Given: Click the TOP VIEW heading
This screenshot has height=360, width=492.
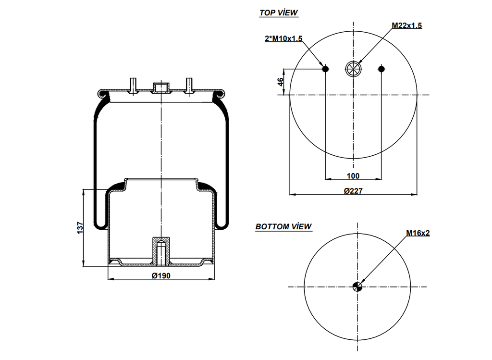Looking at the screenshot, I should [x=279, y=13].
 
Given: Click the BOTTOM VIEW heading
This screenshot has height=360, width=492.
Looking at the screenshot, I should [x=283, y=226].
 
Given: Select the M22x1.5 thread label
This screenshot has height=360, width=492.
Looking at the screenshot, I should [x=406, y=26].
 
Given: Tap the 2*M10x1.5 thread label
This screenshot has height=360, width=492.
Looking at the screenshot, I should [x=283, y=39].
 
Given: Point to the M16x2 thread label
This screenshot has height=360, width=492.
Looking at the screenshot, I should [x=418, y=233].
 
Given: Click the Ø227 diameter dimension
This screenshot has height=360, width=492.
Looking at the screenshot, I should [x=353, y=190].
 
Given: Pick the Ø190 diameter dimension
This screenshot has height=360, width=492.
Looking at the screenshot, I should [x=161, y=275].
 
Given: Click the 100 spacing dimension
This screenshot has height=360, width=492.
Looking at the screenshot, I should [x=353, y=176].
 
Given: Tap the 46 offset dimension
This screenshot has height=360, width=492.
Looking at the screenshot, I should [x=281, y=82].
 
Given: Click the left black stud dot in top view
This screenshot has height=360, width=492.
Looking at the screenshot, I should [x=325, y=69].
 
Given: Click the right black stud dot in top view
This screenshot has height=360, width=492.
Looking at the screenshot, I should [x=381, y=69].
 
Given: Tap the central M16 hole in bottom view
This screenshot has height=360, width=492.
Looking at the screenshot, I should [x=357, y=287].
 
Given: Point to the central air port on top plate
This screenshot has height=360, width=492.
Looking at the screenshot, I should [x=160, y=87].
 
